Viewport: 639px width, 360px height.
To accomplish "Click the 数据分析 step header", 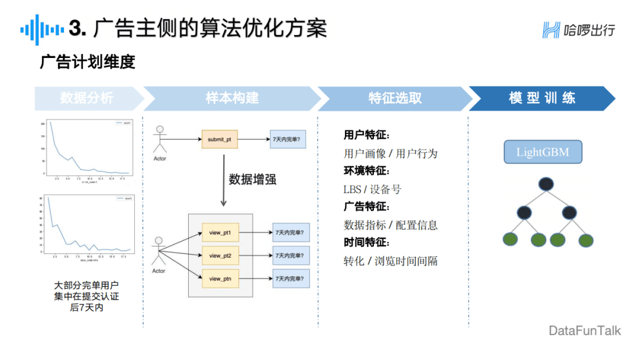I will pyautogui.click(x=86, y=98).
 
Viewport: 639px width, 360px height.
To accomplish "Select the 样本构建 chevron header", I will pyautogui.click(x=232, y=98).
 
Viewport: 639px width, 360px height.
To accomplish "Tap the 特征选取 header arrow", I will pyautogui.click(x=395, y=98).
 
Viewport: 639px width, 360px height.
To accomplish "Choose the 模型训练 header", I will pyautogui.click(x=542, y=98).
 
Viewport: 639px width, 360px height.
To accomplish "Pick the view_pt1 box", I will pyautogui.click(x=220, y=233).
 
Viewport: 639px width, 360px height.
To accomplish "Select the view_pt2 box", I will pyautogui.click(x=220, y=256).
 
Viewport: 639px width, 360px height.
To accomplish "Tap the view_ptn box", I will pyautogui.click(x=220, y=278).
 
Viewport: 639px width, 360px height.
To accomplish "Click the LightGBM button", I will pyautogui.click(x=543, y=152).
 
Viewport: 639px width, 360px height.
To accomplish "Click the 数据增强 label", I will pyautogui.click(x=253, y=179).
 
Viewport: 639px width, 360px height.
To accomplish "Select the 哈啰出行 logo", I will pyautogui.click(x=579, y=30).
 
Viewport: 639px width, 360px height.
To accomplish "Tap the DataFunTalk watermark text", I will pyautogui.click(x=585, y=330).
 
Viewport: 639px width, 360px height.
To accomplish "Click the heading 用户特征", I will pyautogui.click(x=367, y=136).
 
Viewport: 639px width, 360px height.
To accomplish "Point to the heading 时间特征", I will pyautogui.click(x=367, y=243).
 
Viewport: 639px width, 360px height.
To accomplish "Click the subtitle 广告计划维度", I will pyautogui.click(x=88, y=62).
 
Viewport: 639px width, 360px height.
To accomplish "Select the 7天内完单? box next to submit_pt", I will pyautogui.click(x=288, y=139).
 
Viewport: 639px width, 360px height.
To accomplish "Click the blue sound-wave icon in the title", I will pyautogui.click(x=42, y=29).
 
